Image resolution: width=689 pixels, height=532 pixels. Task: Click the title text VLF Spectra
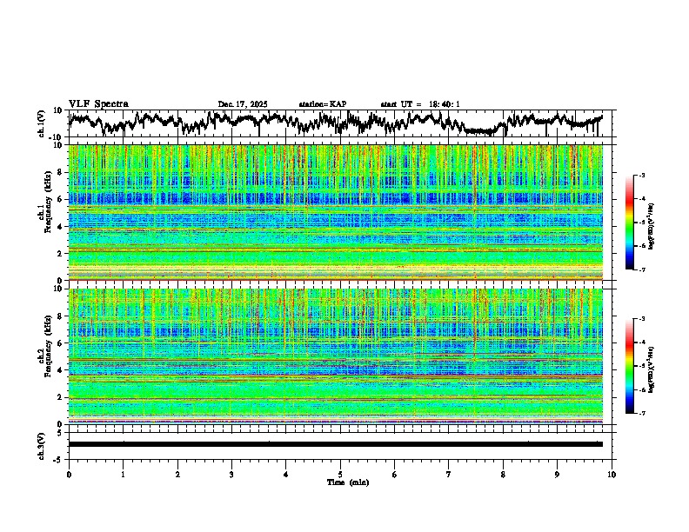pos(99,104)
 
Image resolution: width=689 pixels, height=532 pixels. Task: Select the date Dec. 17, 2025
pos(243,104)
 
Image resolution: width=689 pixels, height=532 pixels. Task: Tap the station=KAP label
pos(323,104)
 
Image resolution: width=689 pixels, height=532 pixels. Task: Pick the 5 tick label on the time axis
pos(340,474)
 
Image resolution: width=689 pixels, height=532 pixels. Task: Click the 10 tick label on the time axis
pos(612,474)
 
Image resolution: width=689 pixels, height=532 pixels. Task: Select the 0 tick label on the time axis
pos(69,474)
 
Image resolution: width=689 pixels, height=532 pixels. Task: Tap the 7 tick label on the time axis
pos(449,474)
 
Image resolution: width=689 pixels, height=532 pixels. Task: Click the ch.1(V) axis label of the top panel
pos(42,123)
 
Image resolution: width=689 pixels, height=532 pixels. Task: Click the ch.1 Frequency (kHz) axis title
pos(43,212)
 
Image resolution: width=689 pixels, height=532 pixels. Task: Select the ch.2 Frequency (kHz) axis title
pos(43,356)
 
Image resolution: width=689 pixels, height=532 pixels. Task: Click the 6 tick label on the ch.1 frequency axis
pos(61,199)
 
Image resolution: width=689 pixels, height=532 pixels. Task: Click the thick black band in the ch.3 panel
pos(335,444)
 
